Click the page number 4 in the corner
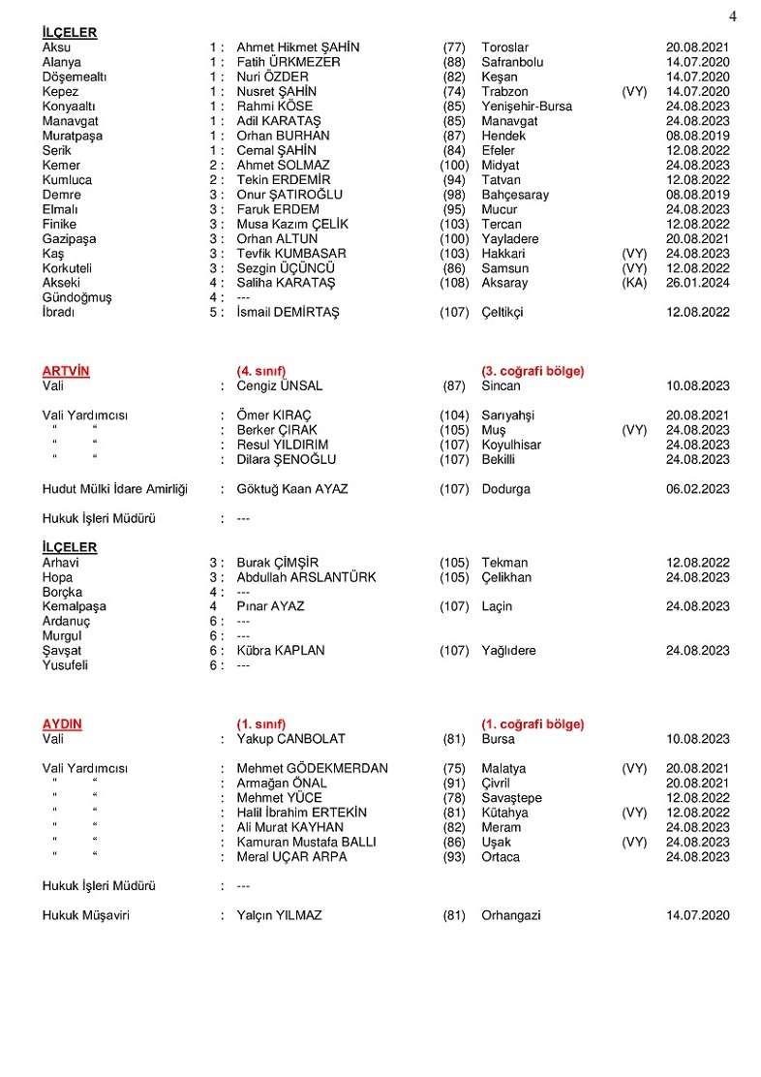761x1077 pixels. click(x=733, y=16)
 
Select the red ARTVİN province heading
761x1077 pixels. click(x=63, y=371)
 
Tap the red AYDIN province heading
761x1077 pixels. click(x=62, y=724)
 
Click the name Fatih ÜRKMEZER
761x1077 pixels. click(x=289, y=62)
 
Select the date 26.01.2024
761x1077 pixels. click(x=697, y=283)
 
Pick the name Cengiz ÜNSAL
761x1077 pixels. click(x=279, y=385)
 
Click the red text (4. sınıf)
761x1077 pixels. click(x=261, y=371)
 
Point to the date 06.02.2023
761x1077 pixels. click(x=697, y=489)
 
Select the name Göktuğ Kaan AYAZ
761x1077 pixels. click(x=291, y=489)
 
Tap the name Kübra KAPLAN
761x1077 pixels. click(x=281, y=651)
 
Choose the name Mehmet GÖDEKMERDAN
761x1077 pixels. click(x=312, y=768)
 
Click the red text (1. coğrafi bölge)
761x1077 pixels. click(x=533, y=724)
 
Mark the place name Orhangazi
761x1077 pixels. click(x=511, y=915)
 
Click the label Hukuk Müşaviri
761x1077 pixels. click(x=85, y=915)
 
